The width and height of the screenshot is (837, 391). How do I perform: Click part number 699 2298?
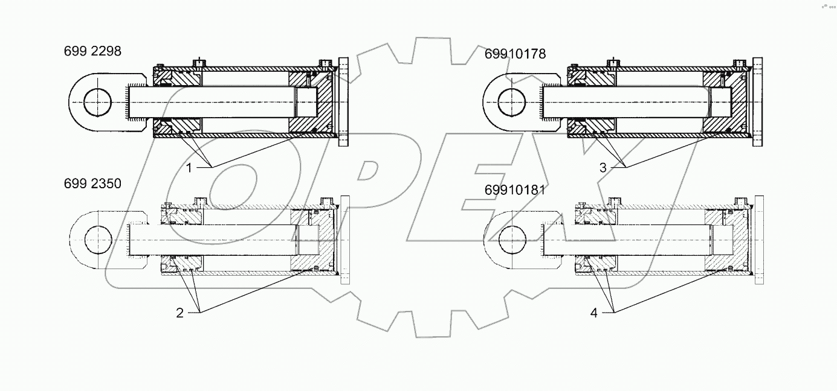click(92, 52)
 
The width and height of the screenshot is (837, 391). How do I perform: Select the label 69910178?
click(515, 54)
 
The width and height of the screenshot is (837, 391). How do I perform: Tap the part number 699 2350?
click(92, 184)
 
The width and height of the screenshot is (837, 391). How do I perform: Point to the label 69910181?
click(515, 190)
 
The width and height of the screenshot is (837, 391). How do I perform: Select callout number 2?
click(179, 313)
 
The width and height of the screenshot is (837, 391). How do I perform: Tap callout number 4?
click(594, 313)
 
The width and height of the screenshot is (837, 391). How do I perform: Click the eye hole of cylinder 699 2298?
click(97, 103)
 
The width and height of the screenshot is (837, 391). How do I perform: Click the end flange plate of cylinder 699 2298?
click(345, 101)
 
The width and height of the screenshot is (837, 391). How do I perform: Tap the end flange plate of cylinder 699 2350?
click(346, 240)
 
